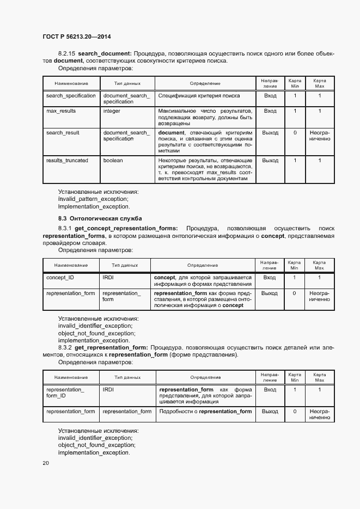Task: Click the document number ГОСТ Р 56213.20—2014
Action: [77, 38]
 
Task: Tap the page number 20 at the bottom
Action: [46, 463]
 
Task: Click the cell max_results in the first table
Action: [61, 111]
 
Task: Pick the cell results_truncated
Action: [67, 161]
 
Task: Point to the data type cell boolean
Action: [113, 161]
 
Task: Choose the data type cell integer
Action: [112, 111]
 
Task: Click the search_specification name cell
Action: [71, 96]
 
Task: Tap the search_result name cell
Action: [63, 132]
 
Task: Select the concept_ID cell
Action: [60, 278]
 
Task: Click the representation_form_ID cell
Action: [65, 393]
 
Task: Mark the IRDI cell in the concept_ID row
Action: [108, 278]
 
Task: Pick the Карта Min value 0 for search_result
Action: [295, 132]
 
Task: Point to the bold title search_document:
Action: [105, 53]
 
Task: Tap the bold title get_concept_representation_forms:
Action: [126, 228]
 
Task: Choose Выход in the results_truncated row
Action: [270, 161]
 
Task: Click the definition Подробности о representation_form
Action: [205, 412]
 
